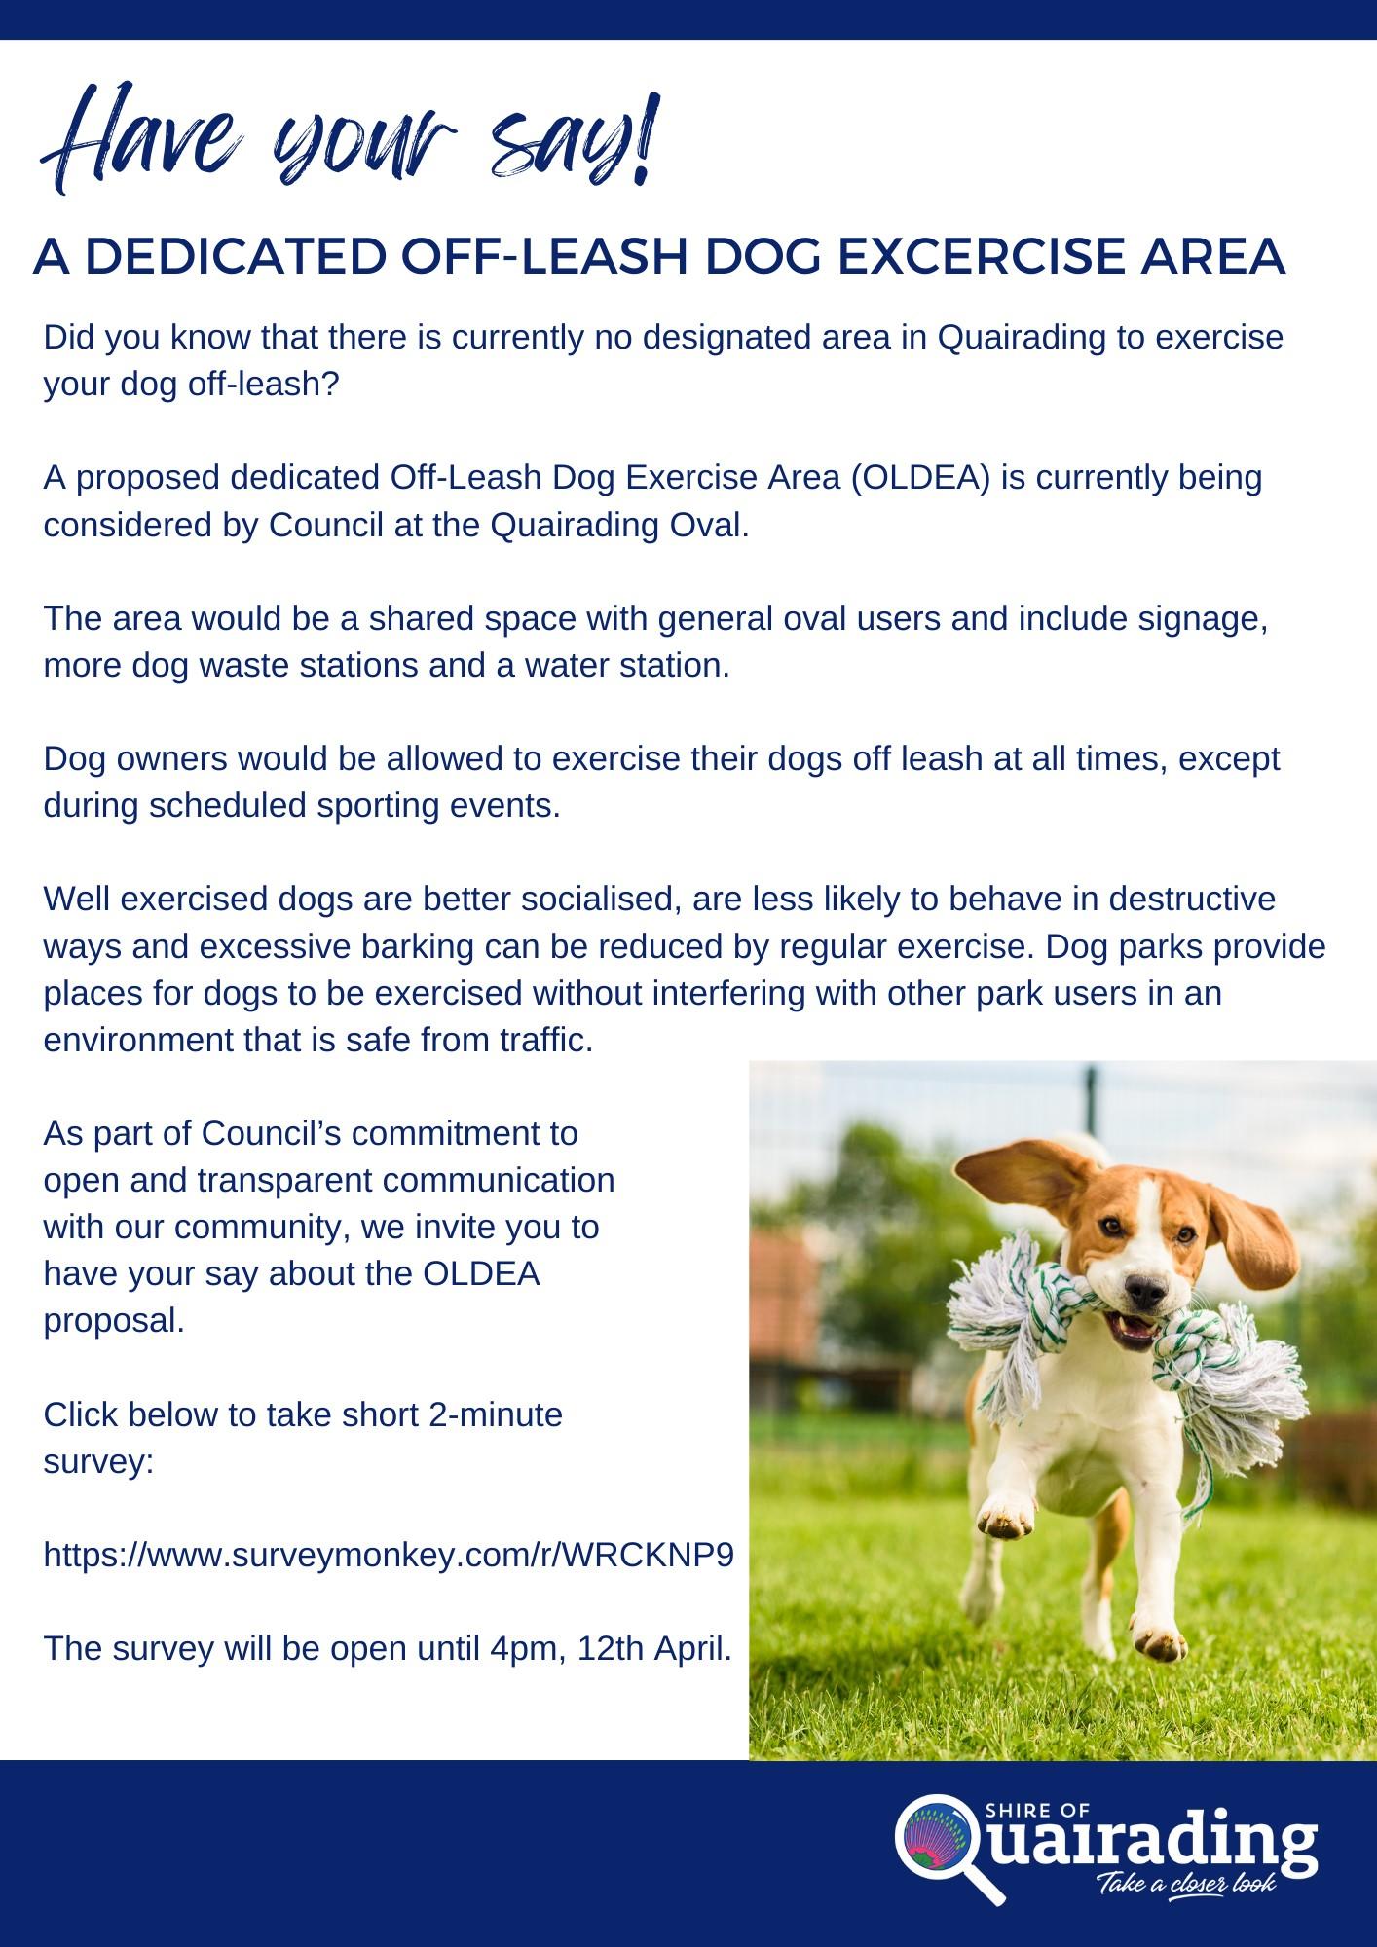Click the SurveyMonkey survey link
pos(389,1555)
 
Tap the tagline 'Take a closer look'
pos(1186,1884)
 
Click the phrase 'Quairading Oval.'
pos(619,526)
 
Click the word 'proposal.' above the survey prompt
pos(114,1320)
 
